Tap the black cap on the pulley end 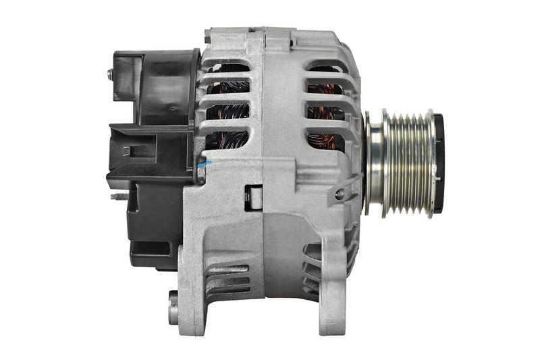[x=438, y=162]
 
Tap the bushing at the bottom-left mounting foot [x=173, y=307]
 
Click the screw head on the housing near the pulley [x=340, y=194]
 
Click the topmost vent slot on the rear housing [x=227, y=68]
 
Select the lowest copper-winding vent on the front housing [x=325, y=140]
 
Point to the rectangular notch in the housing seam [x=254, y=197]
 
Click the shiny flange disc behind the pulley [x=373, y=163]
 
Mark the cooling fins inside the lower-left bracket [x=226, y=277]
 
